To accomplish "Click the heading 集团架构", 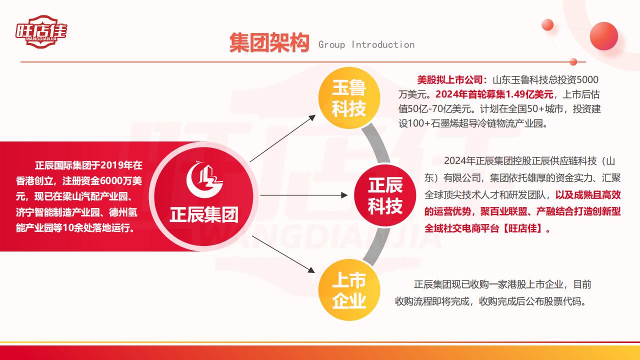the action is pyautogui.click(x=269, y=43).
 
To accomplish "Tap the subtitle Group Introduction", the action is pyautogui.click(x=366, y=45).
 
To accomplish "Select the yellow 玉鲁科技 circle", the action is pyautogui.click(x=349, y=97).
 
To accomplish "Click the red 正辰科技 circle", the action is pyautogui.click(x=385, y=195).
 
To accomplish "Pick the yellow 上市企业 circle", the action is pyautogui.click(x=349, y=289).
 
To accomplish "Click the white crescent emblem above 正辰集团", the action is pyautogui.click(x=203, y=179).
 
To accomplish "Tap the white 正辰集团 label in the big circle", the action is pyautogui.click(x=204, y=215).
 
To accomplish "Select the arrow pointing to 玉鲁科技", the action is pyautogui.click(x=283, y=138).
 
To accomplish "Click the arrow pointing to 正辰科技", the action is pyautogui.click(x=304, y=195).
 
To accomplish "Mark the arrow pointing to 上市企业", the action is pyautogui.click(x=283, y=254).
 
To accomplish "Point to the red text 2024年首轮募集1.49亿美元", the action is pyautogui.click(x=494, y=94).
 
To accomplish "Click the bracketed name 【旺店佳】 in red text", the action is pyautogui.click(x=522, y=228).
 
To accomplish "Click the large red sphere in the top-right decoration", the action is pyautogui.click(x=603, y=36).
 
